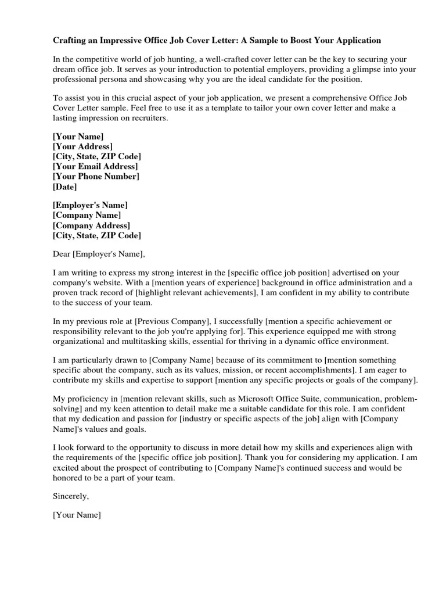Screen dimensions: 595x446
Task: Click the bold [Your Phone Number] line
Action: tap(96, 177)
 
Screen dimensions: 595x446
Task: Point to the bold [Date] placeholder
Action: tap(64, 187)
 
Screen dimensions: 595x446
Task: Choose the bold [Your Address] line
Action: tap(82, 146)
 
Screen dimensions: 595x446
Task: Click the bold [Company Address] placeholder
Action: tap(91, 225)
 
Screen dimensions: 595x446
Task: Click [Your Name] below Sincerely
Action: tap(77, 515)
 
